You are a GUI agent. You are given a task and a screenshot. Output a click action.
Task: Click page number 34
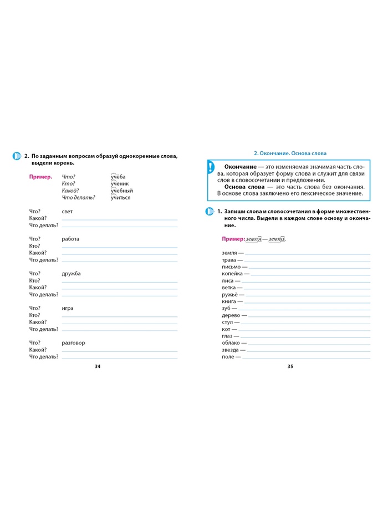(x=98, y=366)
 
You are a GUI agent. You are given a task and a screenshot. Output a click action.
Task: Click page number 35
(x=289, y=366)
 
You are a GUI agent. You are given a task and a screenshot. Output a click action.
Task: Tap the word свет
(x=68, y=211)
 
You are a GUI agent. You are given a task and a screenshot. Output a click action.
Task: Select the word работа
(x=71, y=239)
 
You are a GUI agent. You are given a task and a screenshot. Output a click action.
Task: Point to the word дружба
(x=72, y=273)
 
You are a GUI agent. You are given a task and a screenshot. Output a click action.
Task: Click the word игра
(x=68, y=308)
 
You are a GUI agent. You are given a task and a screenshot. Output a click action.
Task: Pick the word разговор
(x=74, y=342)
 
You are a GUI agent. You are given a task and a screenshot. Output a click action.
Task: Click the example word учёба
(x=118, y=177)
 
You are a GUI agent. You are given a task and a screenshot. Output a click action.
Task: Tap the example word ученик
(x=119, y=183)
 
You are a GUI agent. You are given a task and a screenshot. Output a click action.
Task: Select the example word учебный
(x=121, y=191)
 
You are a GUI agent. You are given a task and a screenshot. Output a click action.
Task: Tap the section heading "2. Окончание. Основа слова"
(x=290, y=153)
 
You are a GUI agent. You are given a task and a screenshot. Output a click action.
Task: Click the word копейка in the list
(x=232, y=274)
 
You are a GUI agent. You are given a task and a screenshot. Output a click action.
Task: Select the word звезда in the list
(x=230, y=350)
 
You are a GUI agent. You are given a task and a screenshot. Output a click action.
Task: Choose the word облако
(x=231, y=343)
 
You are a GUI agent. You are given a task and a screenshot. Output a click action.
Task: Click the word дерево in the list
(x=231, y=315)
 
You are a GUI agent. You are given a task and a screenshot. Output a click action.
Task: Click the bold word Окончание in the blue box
(x=240, y=166)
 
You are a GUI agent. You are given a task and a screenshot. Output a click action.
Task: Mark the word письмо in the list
(x=231, y=267)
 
